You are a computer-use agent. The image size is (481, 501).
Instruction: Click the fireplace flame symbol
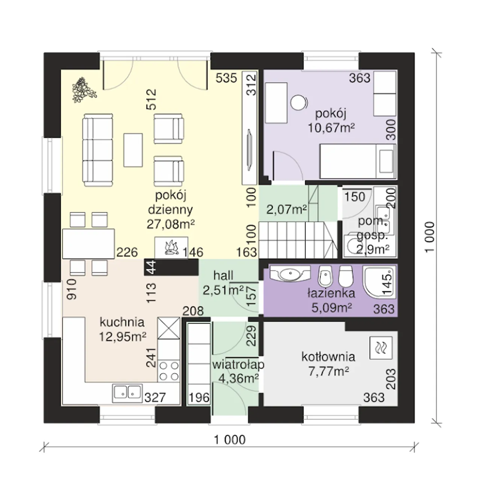click(x=171, y=247)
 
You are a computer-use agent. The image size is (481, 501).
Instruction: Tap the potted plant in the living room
click(x=83, y=90)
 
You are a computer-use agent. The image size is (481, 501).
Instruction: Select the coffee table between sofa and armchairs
click(x=133, y=150)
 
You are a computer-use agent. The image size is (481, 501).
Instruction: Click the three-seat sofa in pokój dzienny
click(x=98, y=150)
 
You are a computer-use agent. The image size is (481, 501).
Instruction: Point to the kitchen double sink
click(x=127, y=393)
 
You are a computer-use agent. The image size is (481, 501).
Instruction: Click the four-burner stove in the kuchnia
click(x=169, y=371)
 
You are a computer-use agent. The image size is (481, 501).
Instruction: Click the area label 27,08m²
click(x=171, y=224)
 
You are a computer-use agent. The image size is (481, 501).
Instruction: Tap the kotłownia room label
click(x=328, y=357)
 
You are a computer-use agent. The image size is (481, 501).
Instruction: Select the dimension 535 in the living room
click(x=226, y=78)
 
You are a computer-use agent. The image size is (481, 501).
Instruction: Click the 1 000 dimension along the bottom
click(x=230, y=440)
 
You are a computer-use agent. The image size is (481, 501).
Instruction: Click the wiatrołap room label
click(x=238, y=365)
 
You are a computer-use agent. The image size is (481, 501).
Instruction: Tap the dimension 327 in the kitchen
click(x=155, y=397)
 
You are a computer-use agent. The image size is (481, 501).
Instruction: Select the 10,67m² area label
click(x=331, y=128)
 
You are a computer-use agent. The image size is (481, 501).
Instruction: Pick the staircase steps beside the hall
click(x=298, y=240)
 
